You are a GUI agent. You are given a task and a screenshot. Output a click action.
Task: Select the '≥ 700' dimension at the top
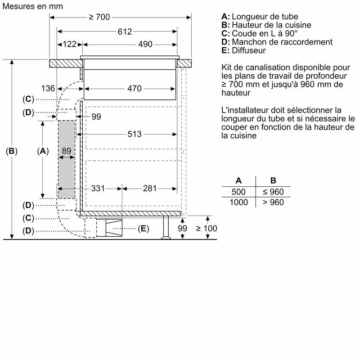coord(99,17)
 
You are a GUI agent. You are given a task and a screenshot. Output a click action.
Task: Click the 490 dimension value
coord(145,44)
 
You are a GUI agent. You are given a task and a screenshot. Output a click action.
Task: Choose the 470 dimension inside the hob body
coord(134,88)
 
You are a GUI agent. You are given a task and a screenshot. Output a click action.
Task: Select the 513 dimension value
coord(134,134)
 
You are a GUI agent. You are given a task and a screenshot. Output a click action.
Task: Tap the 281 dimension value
coord(149,189)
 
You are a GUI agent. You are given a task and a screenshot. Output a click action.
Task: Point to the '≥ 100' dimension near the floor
coord(206,229)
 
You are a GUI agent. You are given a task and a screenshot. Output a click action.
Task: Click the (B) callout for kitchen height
coord(11,151)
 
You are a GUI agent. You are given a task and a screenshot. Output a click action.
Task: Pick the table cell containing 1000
coord(238,202)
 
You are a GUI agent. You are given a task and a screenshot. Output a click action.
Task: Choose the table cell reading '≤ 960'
coord(273,192)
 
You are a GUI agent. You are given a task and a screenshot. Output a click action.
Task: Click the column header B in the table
coord(273,180)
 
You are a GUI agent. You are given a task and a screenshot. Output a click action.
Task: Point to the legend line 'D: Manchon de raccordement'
coord(277,42)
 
